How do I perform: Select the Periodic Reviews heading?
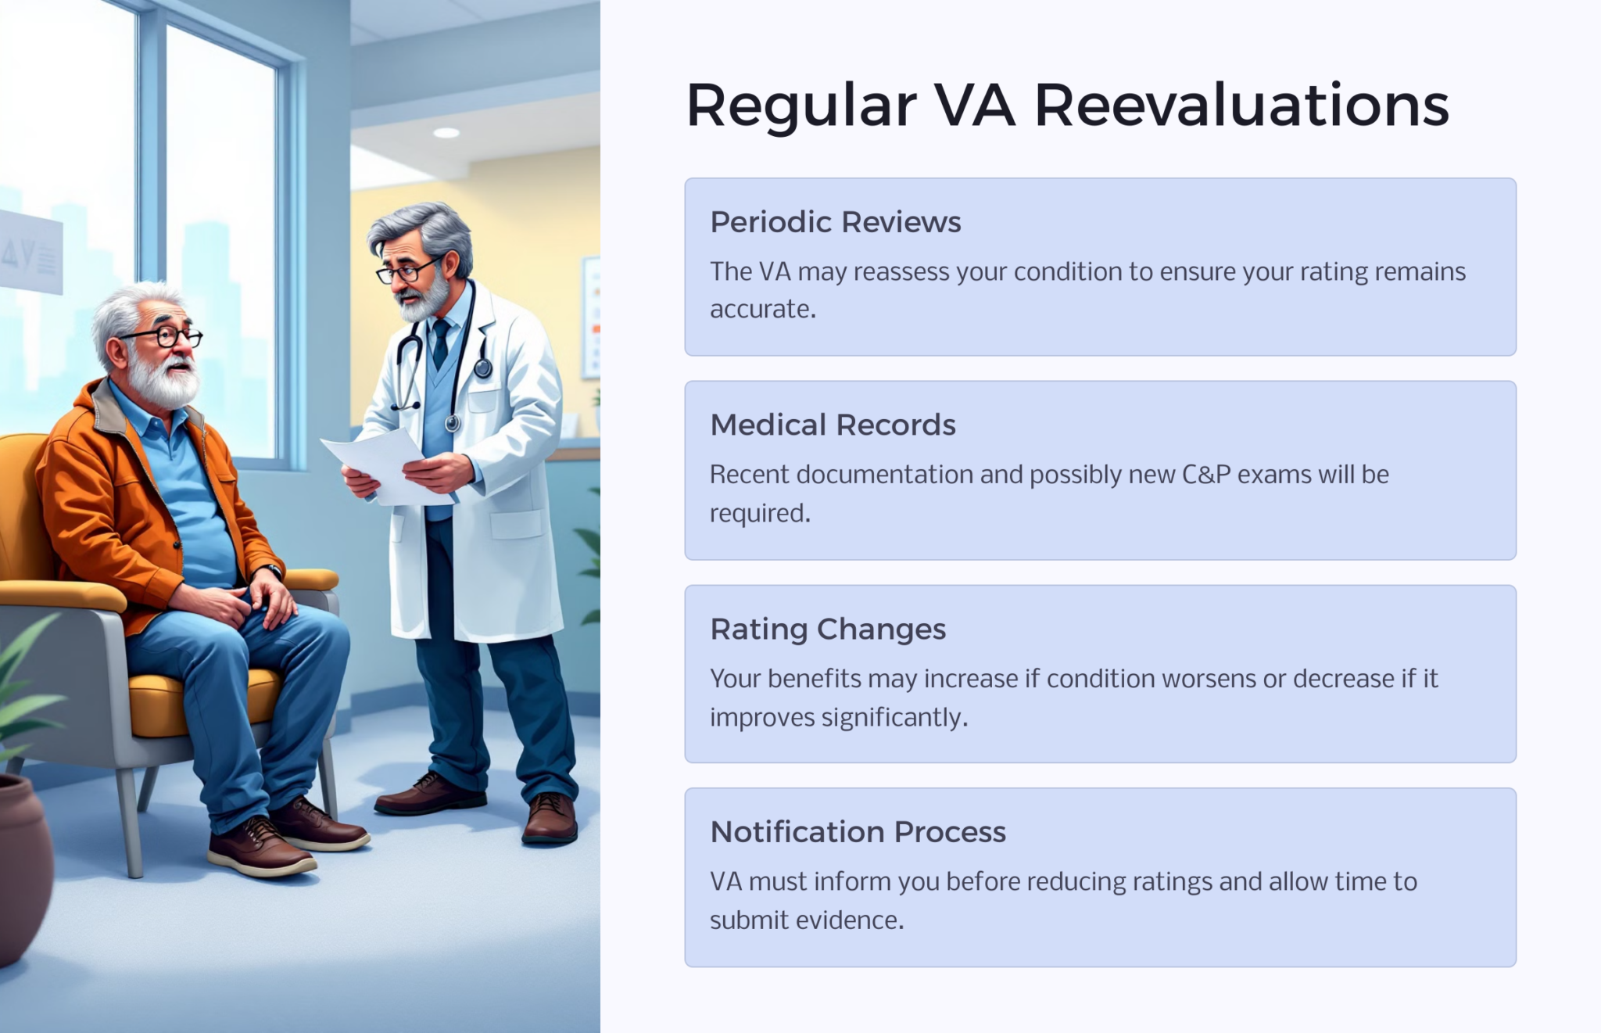click(x=835, y=222)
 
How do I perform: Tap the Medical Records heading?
click(x=833, y=425)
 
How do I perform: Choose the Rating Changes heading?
click(x=828, y=629)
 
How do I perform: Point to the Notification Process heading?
click(x=858, y=831)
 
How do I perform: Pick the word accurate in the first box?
click(x=762, y=310)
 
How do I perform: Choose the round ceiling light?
click(x=446, y=132)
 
